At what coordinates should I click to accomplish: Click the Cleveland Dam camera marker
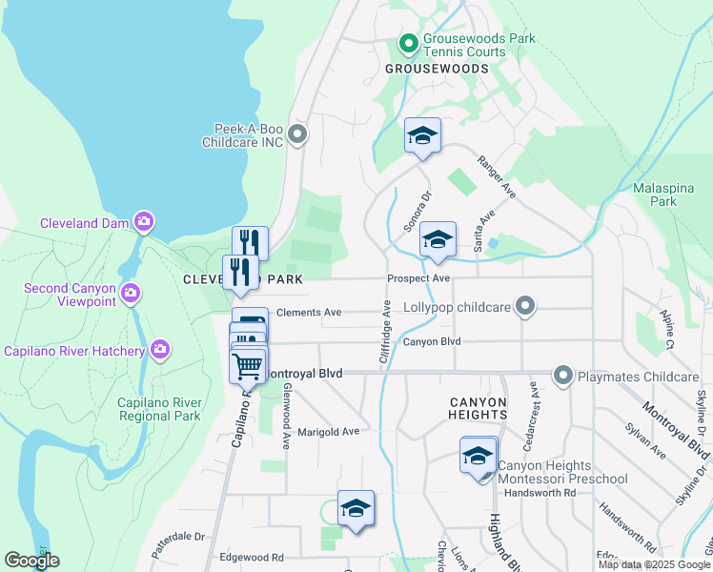pyautogui.click(x=143, y=223)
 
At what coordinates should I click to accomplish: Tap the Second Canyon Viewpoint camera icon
pyautogui.click(x=131, y=292)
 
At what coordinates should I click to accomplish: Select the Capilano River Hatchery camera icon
pyautogui.click(x=160, y=350)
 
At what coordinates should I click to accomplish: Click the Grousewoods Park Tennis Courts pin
pyautogui.click(x=408, y=43)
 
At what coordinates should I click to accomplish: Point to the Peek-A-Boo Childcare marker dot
pyautogui.click(x=297, y=134)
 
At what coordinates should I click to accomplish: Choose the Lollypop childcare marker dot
pyautogui.click(x=523, y=306)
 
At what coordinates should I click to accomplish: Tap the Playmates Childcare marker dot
pyautogui.click(x=562, y=377)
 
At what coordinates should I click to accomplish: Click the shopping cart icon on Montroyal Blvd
pyautogui.click(x=248, y=364)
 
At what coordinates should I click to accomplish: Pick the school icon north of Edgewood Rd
pyautogui.click(x=356, y=508)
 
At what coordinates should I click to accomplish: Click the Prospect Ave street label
pyautogui.click(x=418, y=278)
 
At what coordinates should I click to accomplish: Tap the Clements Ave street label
pyautogui.click(x=308, y=312)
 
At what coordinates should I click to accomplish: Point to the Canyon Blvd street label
pyautogui.click(x=431, y=341)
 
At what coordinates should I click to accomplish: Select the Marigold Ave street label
pyautogui.click(x=328, y=431)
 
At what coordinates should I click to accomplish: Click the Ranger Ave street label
pyautogui.click(x=497, y=177)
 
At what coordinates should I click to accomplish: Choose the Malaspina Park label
pyautogui.click(x=655, y=194)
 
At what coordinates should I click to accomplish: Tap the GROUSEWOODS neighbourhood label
pyautogui.click(x=437, y=69)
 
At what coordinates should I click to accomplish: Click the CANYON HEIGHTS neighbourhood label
pyautogui.click(x=478, y=408)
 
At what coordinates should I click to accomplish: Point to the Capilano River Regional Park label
pyautogui.click(x=159, y=409)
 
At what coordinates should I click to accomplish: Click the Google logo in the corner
pyautogui.click(x=31, y=561)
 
